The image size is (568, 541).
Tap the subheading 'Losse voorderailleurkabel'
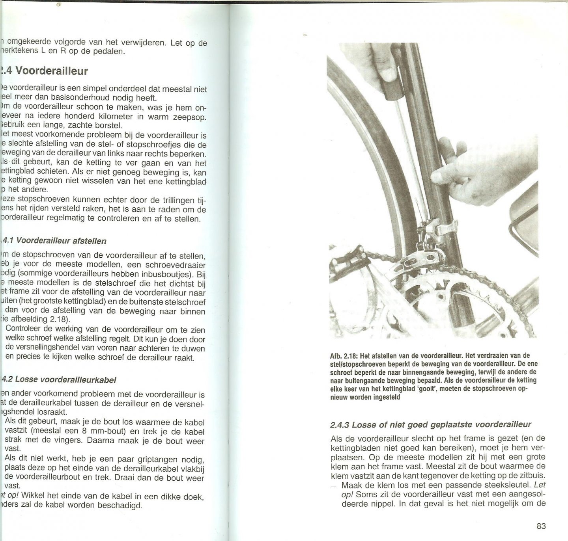pyautogui.click(x=67, y=380)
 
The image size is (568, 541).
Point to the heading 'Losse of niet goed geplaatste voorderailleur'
pyautogui.click(x=430, y=424)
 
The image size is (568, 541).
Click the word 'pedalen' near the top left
pyautogui.click(x=106, y=51)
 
